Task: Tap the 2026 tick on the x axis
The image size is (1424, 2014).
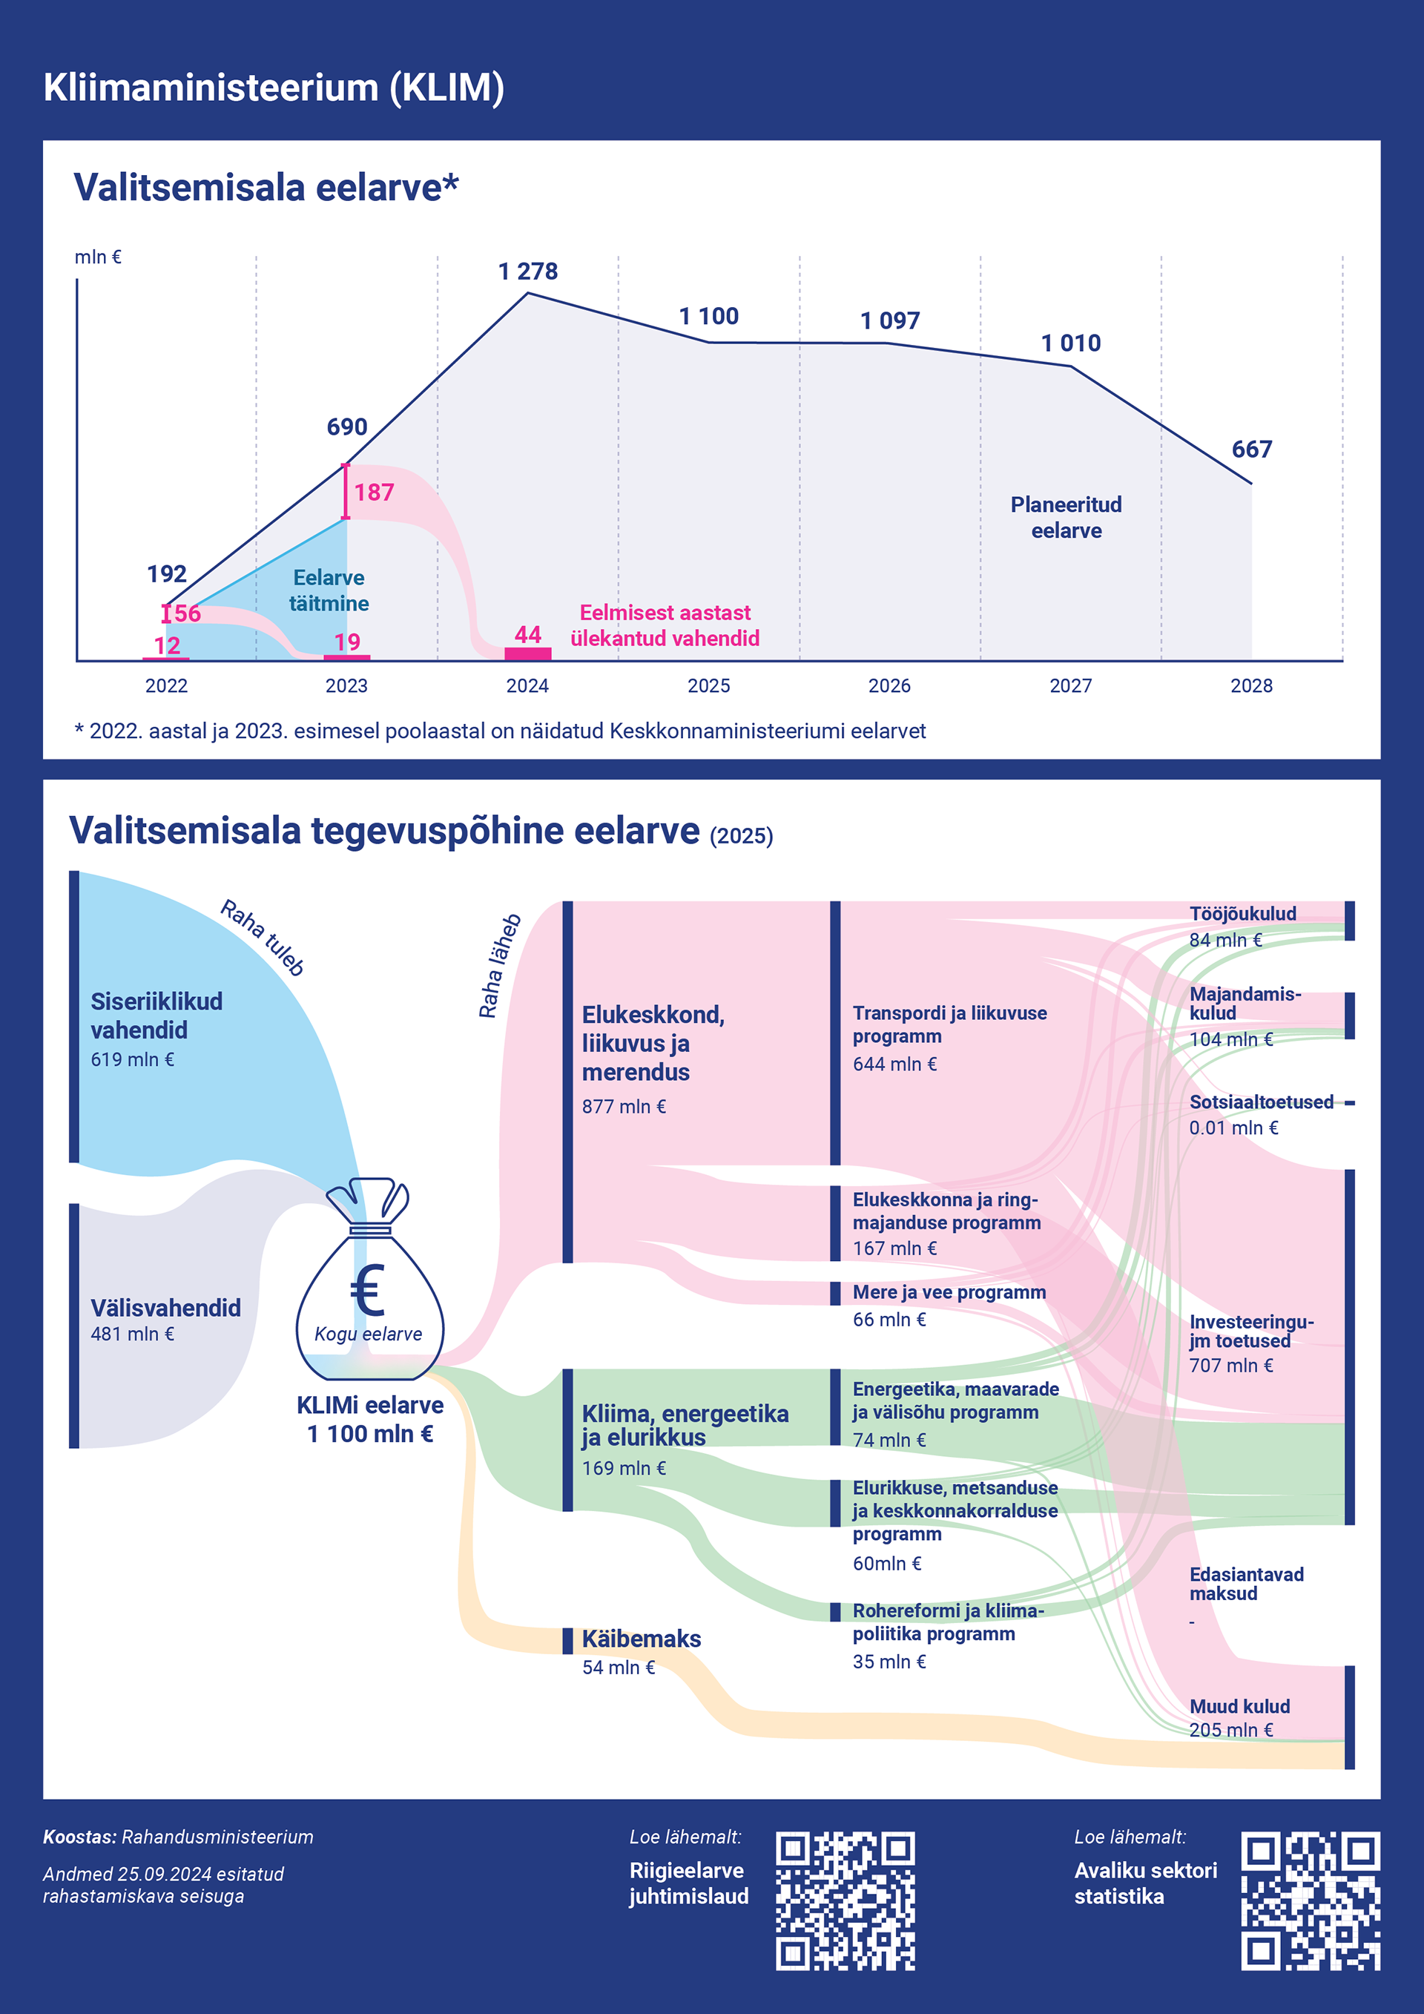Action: [x=889, y=686]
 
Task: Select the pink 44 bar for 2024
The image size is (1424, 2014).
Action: [x=528, y=654]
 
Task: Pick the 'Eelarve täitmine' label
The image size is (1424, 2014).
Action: [x=329, y=590]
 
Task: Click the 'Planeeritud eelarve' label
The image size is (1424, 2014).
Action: [x=1067, y=518]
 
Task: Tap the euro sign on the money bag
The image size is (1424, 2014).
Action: [x=367, y=1291]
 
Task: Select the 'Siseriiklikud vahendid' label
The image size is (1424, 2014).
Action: [x=156, y=1016]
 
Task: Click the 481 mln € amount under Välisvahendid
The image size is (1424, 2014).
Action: [x=133, y=1335]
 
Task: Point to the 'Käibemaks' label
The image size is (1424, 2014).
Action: [x=641, y=1639]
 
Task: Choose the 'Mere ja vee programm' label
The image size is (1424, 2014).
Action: [x=949, y=1292]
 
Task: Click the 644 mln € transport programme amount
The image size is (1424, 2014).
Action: [x=894, y=1064]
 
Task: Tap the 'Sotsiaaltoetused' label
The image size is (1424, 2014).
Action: [x=1261, y=1102]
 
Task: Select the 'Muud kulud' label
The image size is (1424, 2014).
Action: [x=1239, y=1706]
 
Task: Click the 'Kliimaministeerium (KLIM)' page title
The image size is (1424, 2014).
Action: [x=274, y=88]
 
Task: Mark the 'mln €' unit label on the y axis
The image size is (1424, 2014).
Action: [x=97, y=257]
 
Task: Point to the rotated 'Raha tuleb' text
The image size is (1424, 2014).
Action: [x=262, y=938]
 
